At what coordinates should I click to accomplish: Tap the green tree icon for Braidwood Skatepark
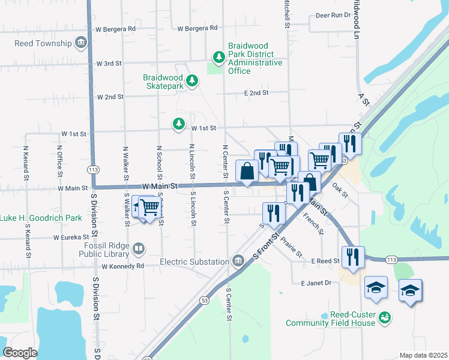point(191,80)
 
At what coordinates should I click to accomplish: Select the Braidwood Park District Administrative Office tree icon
point(219,58)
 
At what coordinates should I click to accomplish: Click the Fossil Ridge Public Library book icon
point(139,248)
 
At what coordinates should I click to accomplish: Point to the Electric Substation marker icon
point(238,261)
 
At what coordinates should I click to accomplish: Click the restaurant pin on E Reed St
point(352,257)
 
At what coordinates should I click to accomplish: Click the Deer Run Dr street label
point(332,15)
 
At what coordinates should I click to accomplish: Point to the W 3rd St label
point(109,63)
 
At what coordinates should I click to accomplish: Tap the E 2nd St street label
point(256,93)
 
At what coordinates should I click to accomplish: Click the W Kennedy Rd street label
point(123,266)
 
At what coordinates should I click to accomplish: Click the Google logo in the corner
point(20,353)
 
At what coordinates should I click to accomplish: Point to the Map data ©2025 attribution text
point(423,355)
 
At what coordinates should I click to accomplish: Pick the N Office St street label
point(59,160)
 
